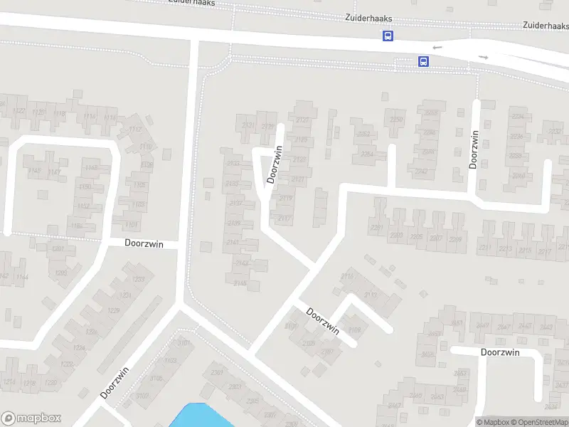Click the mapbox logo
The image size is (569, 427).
click(31, 418)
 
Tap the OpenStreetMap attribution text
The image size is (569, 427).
click(539, 422)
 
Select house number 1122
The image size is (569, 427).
click(19, 111)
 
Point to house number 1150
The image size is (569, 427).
click(85, 186)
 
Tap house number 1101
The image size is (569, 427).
click(132, 225)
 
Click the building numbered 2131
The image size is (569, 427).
click(248, 126)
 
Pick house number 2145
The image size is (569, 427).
click(240, 283)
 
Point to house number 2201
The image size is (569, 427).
click(377, 227)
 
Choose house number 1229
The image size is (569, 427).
click(112, 312)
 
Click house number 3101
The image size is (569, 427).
click(184, 343)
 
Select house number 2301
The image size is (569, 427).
click(218, 372)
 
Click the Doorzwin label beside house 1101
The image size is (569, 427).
click(144, 243)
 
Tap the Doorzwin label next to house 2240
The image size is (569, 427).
click(474, 149)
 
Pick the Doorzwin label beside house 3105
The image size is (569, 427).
click(115, 382)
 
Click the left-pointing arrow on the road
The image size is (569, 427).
click(437, 48)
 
